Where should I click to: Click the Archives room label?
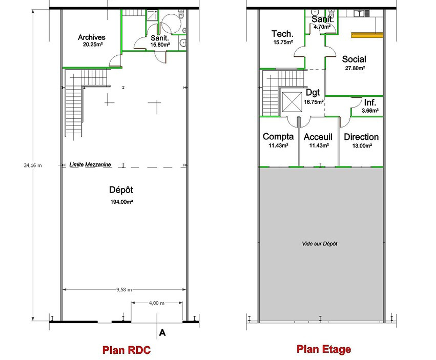click(92, 37)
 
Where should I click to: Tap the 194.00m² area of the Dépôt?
click(121, 202)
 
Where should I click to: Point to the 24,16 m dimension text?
click(33, 165)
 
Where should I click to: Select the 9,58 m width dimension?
click(124, 290)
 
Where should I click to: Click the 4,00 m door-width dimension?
click(157, 303)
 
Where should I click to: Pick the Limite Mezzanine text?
click(90, 164)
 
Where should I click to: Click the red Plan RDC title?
click(127, 350)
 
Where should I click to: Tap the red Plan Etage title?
click(324, 349)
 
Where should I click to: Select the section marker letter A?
click(162, 332)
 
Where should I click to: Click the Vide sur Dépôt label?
click(320, 244)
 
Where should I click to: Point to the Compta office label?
click(278, 137)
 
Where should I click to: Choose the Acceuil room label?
click(318, 137)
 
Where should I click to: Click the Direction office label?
click(361, 137)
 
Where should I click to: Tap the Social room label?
click(354, 59)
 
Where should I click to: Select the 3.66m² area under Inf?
click(370, 111)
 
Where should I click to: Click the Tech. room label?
click(282, 34)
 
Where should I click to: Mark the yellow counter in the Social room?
click(367, 35)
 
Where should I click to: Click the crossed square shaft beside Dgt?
click(292, 102)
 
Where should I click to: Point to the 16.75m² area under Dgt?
click(314, 102)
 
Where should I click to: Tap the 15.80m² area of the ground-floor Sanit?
click(160, 45)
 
